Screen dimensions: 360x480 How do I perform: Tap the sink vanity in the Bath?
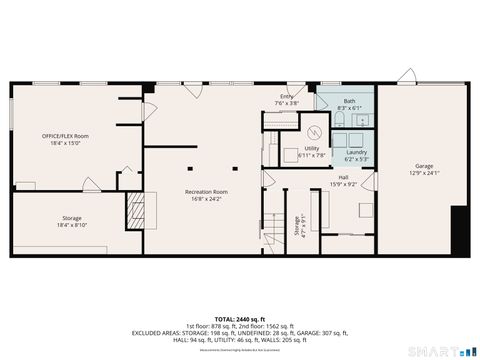click(x=361, y=119)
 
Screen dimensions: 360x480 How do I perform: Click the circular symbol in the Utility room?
click(x=312, y=131)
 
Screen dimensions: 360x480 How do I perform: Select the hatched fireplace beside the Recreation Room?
click(x=135, y=210)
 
